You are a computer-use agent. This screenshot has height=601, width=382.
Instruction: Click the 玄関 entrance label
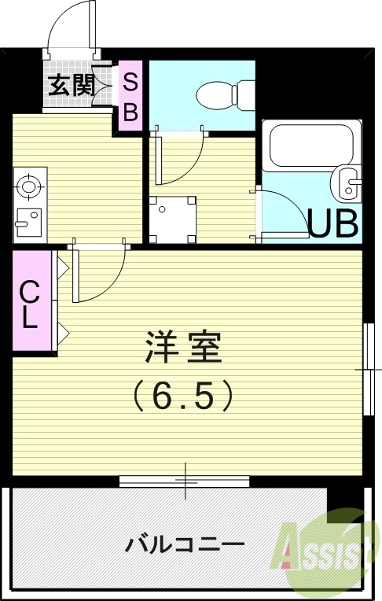pos(72,85)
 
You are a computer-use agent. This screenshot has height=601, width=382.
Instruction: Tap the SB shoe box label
pos(130,96)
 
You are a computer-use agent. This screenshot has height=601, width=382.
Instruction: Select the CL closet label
pos(29,304)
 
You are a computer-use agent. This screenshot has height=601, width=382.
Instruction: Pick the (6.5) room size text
pos(183,395)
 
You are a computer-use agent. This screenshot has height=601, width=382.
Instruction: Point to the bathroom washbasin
pos(347,184)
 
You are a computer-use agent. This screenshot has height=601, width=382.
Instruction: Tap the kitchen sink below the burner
pos(28,219)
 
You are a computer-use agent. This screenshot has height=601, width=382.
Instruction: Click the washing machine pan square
pos(173,219)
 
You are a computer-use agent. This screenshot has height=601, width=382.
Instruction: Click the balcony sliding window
pos(185,480)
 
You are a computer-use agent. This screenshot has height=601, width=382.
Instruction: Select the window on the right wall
pos(367,368)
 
